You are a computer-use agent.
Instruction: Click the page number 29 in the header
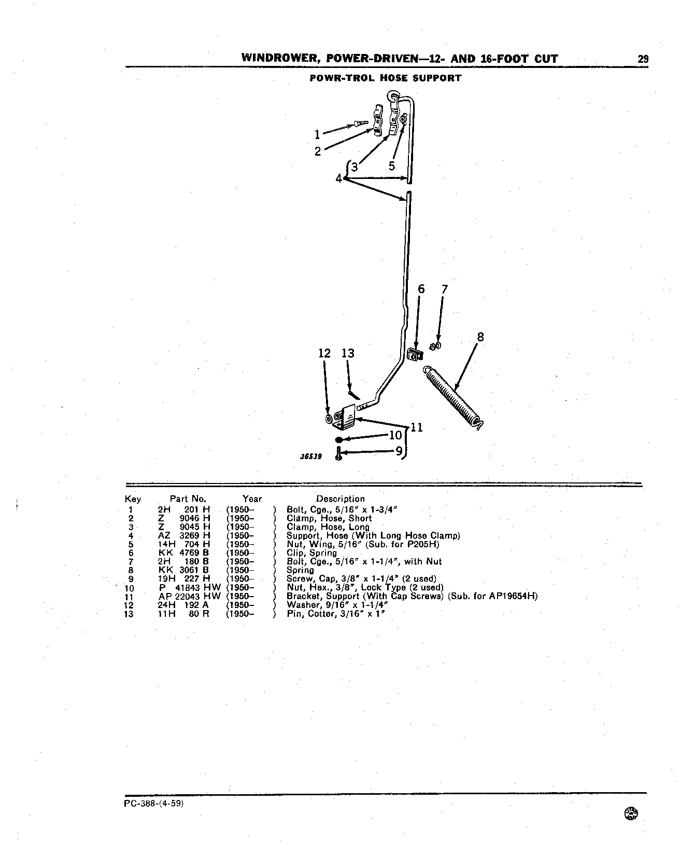(643, 59)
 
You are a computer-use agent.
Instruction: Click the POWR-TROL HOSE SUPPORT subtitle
(385, 78)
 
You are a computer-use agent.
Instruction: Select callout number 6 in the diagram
(421, 289)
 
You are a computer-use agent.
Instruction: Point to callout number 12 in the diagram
(324, 353)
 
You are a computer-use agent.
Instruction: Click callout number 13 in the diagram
(348, 353)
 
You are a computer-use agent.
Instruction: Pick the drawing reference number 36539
(311, 457)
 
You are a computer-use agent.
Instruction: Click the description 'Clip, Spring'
(311, 553)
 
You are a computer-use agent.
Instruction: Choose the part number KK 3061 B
(183, 570)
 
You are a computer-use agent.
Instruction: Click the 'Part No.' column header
(188, 499)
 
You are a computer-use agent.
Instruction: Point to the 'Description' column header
(341, 499)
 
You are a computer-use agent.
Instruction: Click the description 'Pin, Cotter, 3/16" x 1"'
(337, 614)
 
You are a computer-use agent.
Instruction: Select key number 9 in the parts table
(131, 579)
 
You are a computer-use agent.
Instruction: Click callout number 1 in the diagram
(317, 135)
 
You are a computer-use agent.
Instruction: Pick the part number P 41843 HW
(190, 588)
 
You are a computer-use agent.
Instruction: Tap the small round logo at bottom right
(632, 814)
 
